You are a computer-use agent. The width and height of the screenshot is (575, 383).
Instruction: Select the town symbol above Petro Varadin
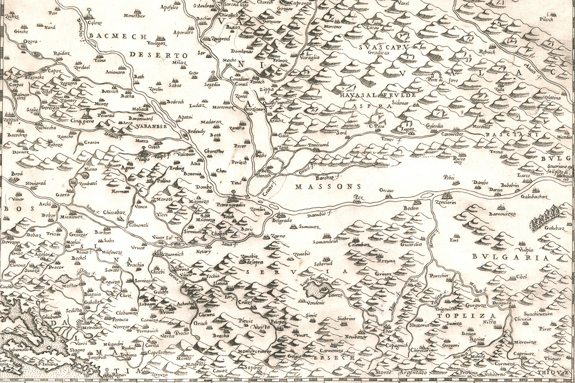click(x=233, y=196)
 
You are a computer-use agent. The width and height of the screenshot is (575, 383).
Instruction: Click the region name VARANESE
click(x=149, y=126)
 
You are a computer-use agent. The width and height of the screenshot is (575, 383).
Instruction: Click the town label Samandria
click(x=326, y=243)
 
